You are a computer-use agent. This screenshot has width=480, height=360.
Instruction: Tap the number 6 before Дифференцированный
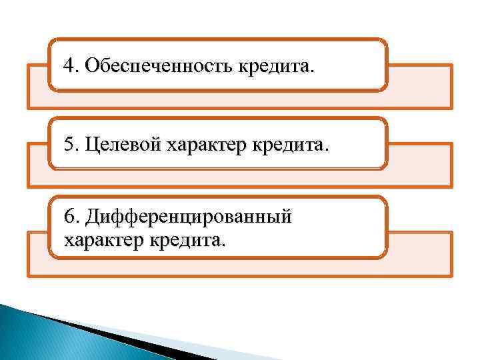pos(68,217)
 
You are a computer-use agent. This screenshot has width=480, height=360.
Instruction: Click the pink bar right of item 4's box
pos(419,86)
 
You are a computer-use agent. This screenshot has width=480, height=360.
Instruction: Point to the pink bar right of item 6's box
pos(419,253)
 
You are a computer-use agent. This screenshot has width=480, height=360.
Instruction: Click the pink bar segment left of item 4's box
pos(37,87)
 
